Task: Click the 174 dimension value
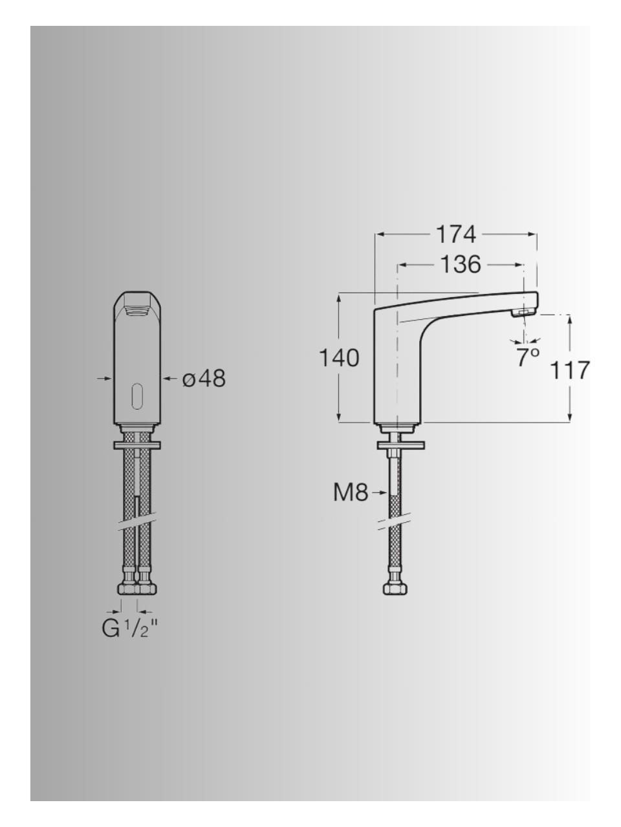(456, 235)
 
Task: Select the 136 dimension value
(461, 264)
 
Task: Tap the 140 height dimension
(339, 357)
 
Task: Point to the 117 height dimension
(571, 370)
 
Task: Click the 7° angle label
(528, 357)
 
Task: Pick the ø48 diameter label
(204, 379)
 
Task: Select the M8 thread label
(350, 493)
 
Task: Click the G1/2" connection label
(130, 628)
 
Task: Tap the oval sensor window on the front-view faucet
(136, 395)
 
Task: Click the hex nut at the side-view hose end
(395, 588)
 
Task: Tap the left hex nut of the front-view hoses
(128, 588)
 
